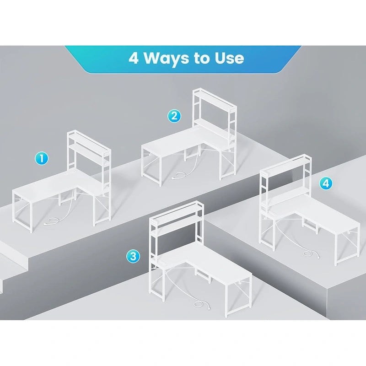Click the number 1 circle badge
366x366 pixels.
[x=42, y=158]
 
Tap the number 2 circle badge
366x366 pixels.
[x=174, y=116]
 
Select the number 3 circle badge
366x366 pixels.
[x=133, y=256]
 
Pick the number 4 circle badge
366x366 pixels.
[x=326, y=183]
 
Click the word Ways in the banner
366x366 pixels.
[x=167, y=59]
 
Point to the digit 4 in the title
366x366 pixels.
[x=134, y=58]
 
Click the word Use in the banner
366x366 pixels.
[x=229, y=59]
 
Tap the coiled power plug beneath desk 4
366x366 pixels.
[x=311, y=254]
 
